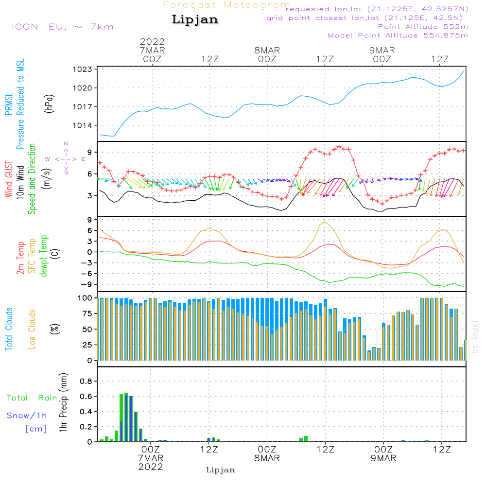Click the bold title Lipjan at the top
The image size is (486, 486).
pos(195,19)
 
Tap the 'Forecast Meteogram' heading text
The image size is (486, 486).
pos(226,5)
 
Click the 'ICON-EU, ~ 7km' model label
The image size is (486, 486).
pos(62,26)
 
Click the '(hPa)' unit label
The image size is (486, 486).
pos(49,103)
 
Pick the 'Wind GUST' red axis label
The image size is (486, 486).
pos(9,179)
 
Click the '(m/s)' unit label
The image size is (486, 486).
pos(49,179)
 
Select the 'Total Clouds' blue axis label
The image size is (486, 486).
pos(9,329)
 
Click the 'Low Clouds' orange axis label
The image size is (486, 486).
pos(32,329)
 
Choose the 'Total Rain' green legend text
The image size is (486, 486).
pos(32,398)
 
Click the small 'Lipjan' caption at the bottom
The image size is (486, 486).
pos(221,470)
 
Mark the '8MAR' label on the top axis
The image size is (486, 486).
pos(267,51)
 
